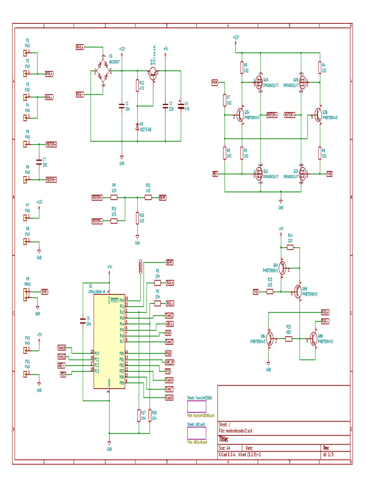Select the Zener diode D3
coord(137,127)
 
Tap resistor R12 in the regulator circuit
coord(137,86)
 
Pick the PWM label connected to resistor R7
coord(214,82)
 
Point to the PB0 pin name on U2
coord(121,353)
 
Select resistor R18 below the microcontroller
coord(150,415)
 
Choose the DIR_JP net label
coord(169,362)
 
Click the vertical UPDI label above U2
coord(140,266)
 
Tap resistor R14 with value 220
coord(290,247)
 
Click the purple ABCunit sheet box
coord(197,433)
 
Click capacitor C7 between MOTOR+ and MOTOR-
coord(38,162)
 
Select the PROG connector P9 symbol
coord(24,295)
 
